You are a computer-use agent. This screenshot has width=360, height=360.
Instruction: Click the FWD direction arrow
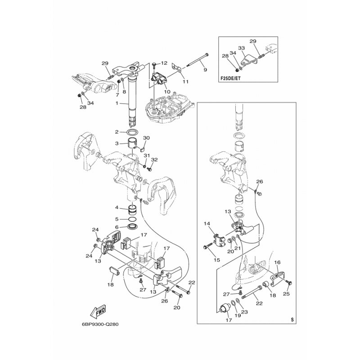pos(99,311)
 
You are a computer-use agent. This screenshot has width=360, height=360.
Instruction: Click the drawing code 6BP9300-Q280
pos(100,324)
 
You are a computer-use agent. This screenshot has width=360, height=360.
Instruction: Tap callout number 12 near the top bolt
pos(164,63)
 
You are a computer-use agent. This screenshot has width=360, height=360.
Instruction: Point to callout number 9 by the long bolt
pos(205,70)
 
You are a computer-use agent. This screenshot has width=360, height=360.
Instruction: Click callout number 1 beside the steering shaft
pos(117,103)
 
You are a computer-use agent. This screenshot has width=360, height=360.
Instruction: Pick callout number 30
pos(146,138)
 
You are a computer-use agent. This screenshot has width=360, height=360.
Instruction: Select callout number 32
pos(154,160)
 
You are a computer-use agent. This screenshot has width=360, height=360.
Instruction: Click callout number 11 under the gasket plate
pos(185,81)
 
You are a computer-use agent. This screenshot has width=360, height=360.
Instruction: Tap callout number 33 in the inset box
pos(241,48)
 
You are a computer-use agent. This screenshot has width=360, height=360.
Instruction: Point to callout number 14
pos(207,223)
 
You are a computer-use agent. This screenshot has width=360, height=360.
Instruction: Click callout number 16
pos(277,262)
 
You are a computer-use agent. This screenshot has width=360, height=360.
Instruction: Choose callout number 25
pos(286,294)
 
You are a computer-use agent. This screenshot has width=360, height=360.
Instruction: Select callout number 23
pos(244,312)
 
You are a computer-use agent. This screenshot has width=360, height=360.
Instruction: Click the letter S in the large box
pos(292,319)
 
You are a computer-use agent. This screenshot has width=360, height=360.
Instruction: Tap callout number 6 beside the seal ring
pos(117,227)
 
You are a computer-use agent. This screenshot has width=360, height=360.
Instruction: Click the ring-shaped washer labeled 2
pos(133,132)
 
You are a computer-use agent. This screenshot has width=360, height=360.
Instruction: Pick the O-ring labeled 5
pos(133,219)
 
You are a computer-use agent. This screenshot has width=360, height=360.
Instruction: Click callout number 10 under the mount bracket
pos(167,92)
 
